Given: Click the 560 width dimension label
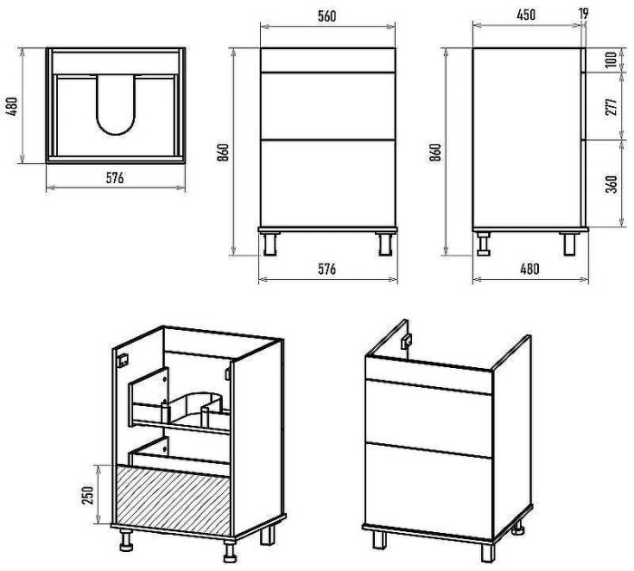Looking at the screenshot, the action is coord(327,15).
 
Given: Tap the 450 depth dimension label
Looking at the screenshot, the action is coord(526,15).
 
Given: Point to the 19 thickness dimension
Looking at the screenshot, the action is coord(583,14).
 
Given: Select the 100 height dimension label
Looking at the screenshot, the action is coord(611,59).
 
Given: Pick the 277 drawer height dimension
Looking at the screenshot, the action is coord(611,106).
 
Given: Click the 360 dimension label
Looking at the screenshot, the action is coord(612,184).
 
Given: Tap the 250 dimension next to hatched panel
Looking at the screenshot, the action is coord(88,495).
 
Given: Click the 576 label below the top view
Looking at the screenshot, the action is coord(115,178).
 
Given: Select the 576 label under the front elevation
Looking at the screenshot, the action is coord(327,268).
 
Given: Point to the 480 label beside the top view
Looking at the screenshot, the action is coord(13,107).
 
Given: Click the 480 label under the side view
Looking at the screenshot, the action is coord(529,268).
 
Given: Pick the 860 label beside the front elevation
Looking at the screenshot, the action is coord(223,152).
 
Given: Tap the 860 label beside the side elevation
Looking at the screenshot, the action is coord(436,152).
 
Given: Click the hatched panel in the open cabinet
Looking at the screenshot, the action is coord(173,499).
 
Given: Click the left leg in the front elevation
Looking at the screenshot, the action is coord(270,244).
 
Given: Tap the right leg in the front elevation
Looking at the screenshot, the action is coord(385,244).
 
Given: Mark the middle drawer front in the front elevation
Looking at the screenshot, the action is coord(328,106).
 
